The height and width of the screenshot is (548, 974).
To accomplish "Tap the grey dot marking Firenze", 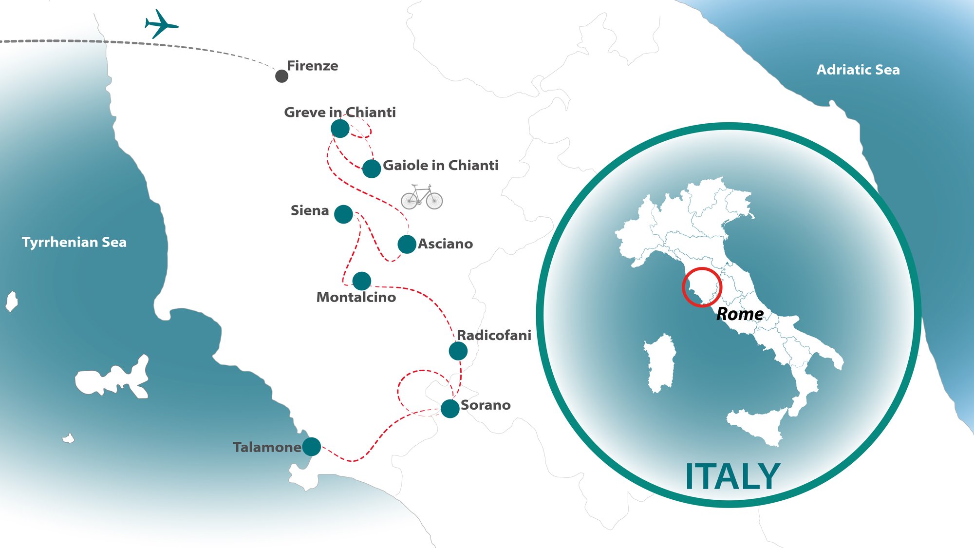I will pos(281,76).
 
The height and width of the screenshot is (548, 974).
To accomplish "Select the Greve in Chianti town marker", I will pos(340,129).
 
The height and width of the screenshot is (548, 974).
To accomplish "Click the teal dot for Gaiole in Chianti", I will pos(372,169).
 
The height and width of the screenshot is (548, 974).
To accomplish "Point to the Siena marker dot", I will pos(343,214).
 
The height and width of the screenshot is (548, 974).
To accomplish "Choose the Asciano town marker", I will pos(407,244).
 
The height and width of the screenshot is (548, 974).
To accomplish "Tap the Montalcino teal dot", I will pos(361,281).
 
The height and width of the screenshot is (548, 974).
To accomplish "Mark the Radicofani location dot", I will pos(458,351).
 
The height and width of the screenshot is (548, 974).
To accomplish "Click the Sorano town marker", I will pos(450,408).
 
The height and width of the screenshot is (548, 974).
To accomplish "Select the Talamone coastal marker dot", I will pos(311,446).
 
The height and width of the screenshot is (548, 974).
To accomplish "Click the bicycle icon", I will pos(422,197).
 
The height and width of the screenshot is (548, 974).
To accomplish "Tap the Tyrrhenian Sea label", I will pos(74,242).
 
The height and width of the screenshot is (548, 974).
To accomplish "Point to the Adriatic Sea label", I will pos(858,70).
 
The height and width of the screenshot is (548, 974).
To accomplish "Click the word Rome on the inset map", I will pos(740,314).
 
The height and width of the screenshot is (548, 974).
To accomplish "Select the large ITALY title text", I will pos(732,477).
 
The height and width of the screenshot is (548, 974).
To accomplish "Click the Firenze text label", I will pos(312,66).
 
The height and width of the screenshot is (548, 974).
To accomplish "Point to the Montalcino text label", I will pos(356,297).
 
